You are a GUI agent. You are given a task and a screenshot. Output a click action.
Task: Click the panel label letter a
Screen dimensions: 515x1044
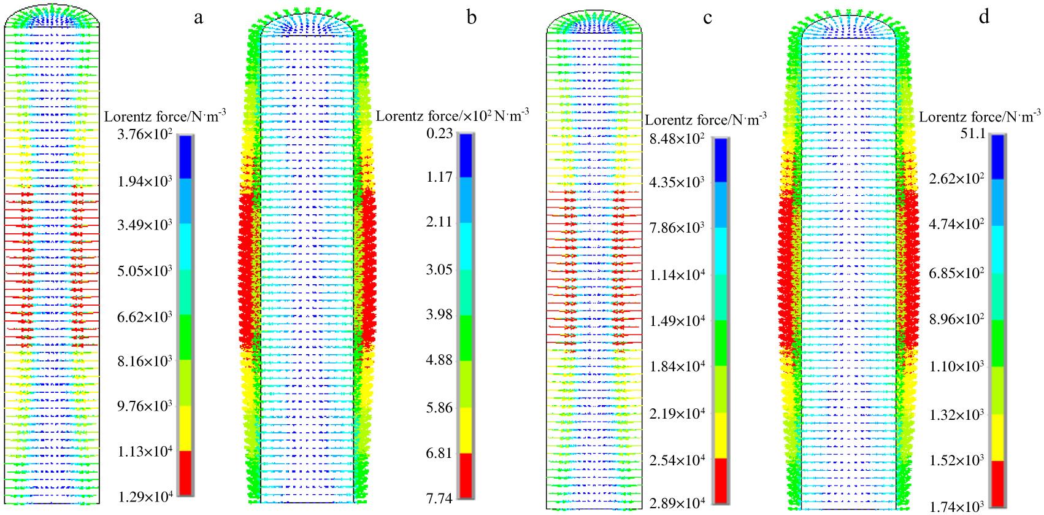pos(198,18)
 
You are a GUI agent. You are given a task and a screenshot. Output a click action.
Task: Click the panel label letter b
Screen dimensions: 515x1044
pos(471,18)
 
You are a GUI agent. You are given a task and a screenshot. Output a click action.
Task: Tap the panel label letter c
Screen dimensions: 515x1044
pos(708,18)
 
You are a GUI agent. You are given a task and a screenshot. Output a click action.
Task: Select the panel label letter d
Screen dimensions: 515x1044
pos(984,17)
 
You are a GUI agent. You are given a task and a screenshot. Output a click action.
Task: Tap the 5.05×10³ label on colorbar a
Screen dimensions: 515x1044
pos(145,271)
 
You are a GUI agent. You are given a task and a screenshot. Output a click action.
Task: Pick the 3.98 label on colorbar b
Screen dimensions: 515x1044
pos(440,315)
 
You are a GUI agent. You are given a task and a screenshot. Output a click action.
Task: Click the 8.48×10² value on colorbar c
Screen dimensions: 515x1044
pos(677,138)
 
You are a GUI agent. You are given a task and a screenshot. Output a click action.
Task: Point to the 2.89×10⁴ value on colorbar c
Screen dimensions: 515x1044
pos(677,504)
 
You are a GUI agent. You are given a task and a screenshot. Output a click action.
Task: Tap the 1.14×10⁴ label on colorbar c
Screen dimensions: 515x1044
pos(677,274)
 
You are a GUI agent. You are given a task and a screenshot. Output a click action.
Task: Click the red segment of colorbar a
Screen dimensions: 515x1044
pos(185,473)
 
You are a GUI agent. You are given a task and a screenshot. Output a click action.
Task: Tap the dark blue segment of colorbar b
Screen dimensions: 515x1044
pos(466,155)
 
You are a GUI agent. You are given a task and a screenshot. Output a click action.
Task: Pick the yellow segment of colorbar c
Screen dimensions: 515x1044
pos(720,435)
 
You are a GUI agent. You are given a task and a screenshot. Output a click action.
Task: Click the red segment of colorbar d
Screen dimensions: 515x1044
pos(997,482)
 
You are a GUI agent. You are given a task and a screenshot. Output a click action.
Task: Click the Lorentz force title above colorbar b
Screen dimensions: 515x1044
pos(452,115)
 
